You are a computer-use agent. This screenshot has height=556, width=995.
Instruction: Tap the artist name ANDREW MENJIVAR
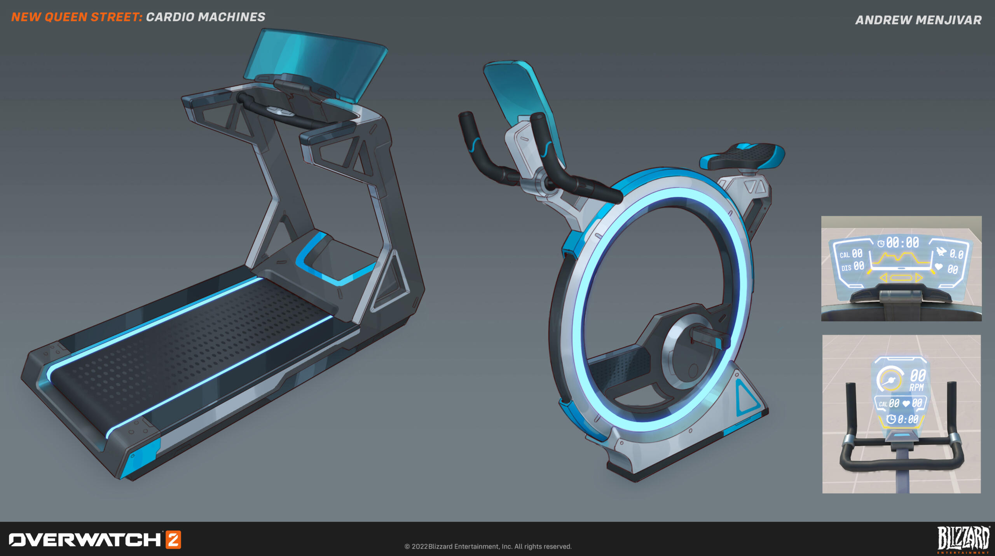click(918, 20)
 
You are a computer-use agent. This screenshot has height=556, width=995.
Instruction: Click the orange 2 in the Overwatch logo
click(173, 540)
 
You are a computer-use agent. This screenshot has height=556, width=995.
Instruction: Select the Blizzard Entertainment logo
click(964, 539)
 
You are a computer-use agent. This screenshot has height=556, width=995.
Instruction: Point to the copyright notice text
click(488, 546)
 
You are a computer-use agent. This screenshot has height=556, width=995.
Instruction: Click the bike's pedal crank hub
click(688, 349)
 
